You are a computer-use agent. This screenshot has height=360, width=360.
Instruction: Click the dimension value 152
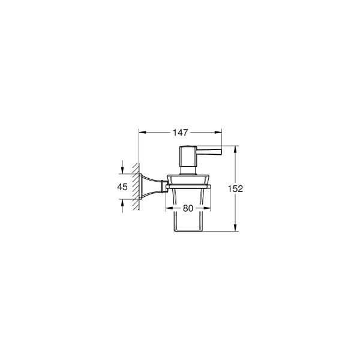[236, 188]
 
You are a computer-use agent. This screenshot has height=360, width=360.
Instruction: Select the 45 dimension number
[122, 187]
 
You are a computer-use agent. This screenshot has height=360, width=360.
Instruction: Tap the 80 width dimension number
[188, 209]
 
